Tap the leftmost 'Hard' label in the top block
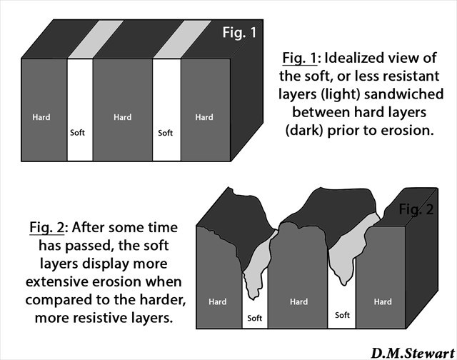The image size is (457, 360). point(41,117)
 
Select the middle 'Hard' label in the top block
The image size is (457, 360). point(122,117)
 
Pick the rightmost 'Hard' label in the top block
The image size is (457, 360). point(204,117)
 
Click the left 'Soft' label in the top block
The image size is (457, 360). point(77,133)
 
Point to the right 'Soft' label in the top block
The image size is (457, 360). point(165,133)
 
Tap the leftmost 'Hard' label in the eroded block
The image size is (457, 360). point(218,302)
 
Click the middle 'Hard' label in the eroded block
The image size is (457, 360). point(298,302)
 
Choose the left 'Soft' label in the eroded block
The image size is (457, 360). point(253,318)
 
